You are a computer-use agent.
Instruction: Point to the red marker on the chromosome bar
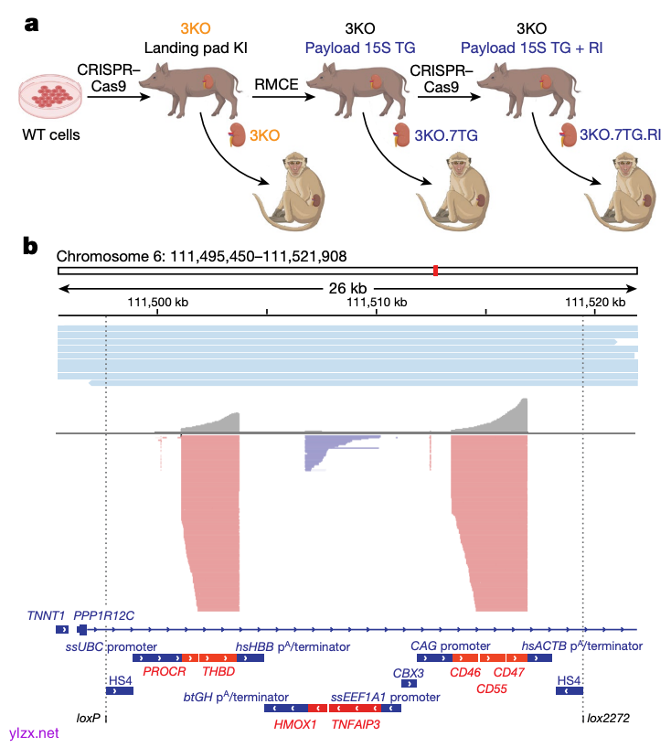tap(436, 271)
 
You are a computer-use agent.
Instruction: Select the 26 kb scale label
tap(346, 287)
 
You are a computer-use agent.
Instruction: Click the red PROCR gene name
tap(165, 671)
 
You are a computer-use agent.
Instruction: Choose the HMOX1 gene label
tap(295, 723)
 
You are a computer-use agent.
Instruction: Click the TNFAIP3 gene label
tap(356, 723)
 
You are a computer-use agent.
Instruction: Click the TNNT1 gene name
tap(45, 615)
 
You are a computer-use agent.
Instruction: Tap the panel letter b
tap(31, 246)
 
